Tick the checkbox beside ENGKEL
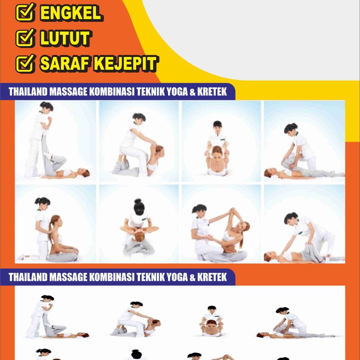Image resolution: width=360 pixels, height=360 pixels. [x=25, y=12]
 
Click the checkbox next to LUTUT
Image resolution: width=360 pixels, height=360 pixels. [x=25, y=38]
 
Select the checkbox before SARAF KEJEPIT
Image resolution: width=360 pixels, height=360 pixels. [x=25, y=63]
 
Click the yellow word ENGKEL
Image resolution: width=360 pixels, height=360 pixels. [x=71, y=13]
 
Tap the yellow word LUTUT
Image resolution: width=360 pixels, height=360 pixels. [x=65, y=38]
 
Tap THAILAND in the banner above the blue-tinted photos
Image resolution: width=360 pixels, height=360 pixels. [x=28, y=92]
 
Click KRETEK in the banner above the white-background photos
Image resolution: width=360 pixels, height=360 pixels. [x=212, y=277]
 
